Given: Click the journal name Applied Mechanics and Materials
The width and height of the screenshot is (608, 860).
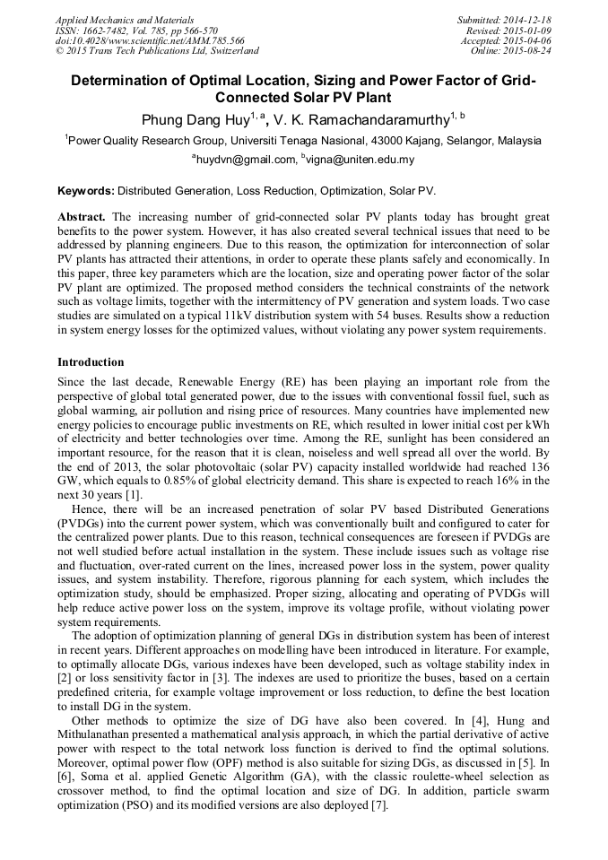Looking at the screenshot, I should [x=125, y=19].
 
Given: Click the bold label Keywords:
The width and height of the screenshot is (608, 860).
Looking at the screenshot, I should [x=86, y=191].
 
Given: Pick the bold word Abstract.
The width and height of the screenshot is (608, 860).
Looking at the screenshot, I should [x=82, y=218].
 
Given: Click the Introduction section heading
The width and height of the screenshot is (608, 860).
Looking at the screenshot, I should [x=91, y=362].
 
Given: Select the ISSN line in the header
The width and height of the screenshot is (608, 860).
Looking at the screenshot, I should [x=136, y=30].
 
